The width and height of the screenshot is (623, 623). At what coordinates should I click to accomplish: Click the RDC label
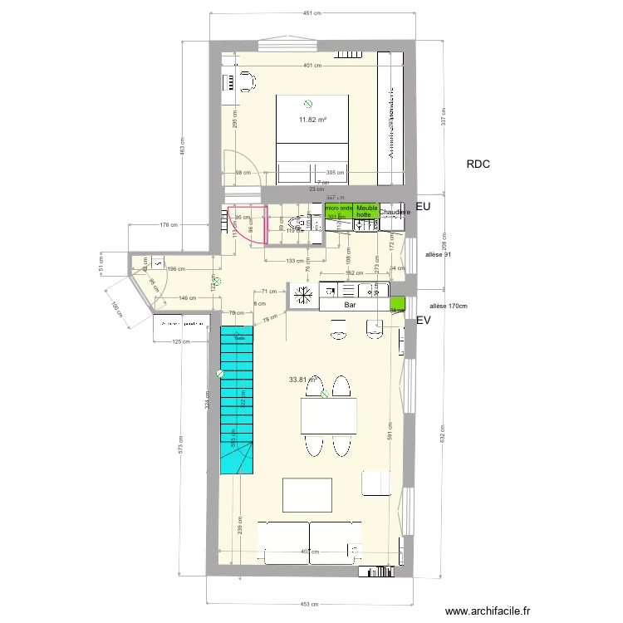click(478, 164)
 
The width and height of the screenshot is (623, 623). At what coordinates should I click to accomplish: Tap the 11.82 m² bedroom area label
click(312, 120)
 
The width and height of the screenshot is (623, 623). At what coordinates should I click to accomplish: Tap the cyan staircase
click(236, 399)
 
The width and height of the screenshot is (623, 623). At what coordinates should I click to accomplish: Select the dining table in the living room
click(328, 416)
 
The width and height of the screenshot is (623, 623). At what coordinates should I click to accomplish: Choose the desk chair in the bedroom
click(247, 81)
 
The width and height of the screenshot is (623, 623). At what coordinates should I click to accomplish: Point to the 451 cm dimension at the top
click(312, 13)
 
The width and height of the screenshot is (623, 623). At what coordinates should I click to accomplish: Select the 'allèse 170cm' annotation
click(449, 306)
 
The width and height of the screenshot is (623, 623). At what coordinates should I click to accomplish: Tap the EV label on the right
click(424, 320)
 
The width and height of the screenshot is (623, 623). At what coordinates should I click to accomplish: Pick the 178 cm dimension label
click(169, 224)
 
